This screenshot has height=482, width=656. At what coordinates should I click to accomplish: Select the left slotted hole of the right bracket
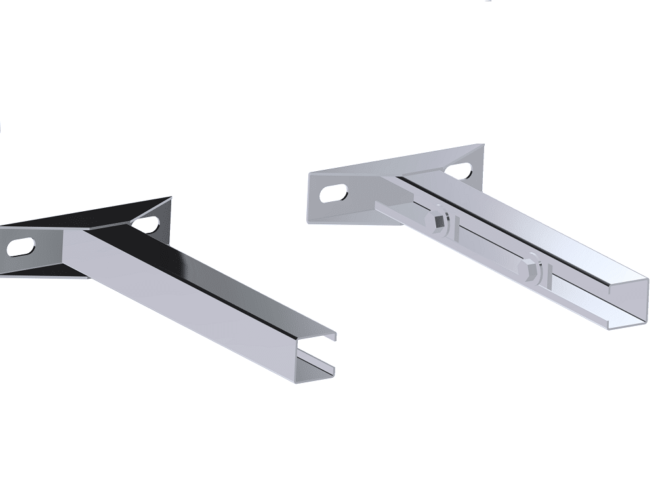[335, 194]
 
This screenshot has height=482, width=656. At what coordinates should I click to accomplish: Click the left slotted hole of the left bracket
[22, 247]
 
